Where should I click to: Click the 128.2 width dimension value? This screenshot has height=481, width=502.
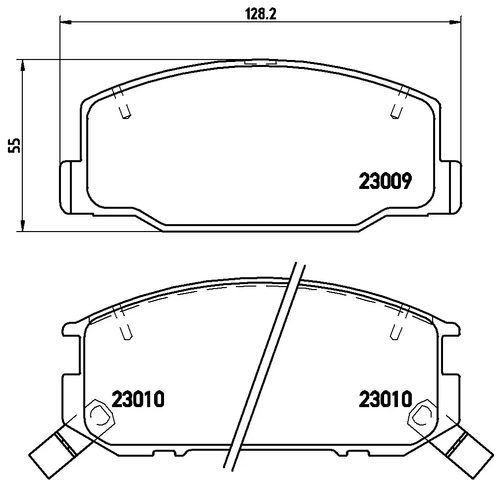(x=260, y=14)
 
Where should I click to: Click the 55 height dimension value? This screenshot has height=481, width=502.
(x=15, y=145)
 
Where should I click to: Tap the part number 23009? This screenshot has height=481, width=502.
(x=385, y=181)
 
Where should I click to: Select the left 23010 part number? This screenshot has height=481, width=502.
(x=138, y=399)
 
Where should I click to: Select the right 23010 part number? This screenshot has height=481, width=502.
(x=386, y=399)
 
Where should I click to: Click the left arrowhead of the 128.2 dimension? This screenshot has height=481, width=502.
(x=65, y=22)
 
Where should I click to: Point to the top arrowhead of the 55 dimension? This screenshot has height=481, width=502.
(x=22, y=65)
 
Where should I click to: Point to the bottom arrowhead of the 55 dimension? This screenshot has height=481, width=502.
(x=22, y=225)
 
